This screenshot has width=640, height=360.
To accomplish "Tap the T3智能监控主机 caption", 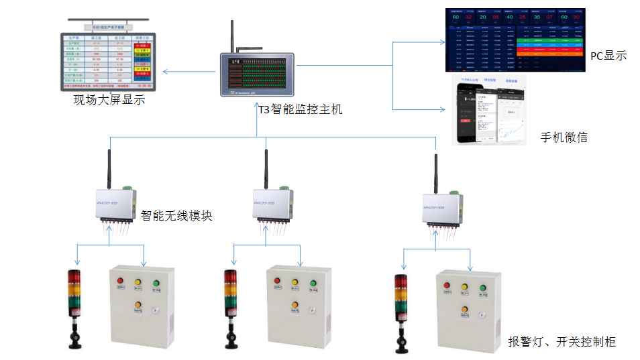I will point(301,109).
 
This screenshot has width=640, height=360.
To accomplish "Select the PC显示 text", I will point(608,56).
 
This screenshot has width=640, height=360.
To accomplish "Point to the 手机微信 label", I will point(564,137).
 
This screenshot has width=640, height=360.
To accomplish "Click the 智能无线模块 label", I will point(176,215).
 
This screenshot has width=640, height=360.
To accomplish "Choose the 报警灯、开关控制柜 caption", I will point(562,342).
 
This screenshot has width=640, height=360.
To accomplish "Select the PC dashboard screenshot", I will point(515,40).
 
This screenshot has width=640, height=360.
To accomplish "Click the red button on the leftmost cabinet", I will point(120,281).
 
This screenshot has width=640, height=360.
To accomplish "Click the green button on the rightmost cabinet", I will point(482,288).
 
